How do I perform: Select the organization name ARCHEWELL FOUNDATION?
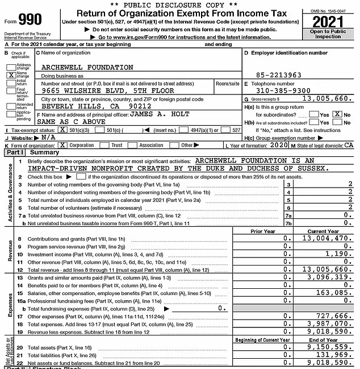tap(87, 67)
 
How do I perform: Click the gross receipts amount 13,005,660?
tap(324, 98)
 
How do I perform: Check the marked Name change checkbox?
tap(11, 74)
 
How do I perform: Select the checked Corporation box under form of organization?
tap(62, 145)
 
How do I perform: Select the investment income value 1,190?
tap(339, 254)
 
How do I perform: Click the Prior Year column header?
tap(263, 231)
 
